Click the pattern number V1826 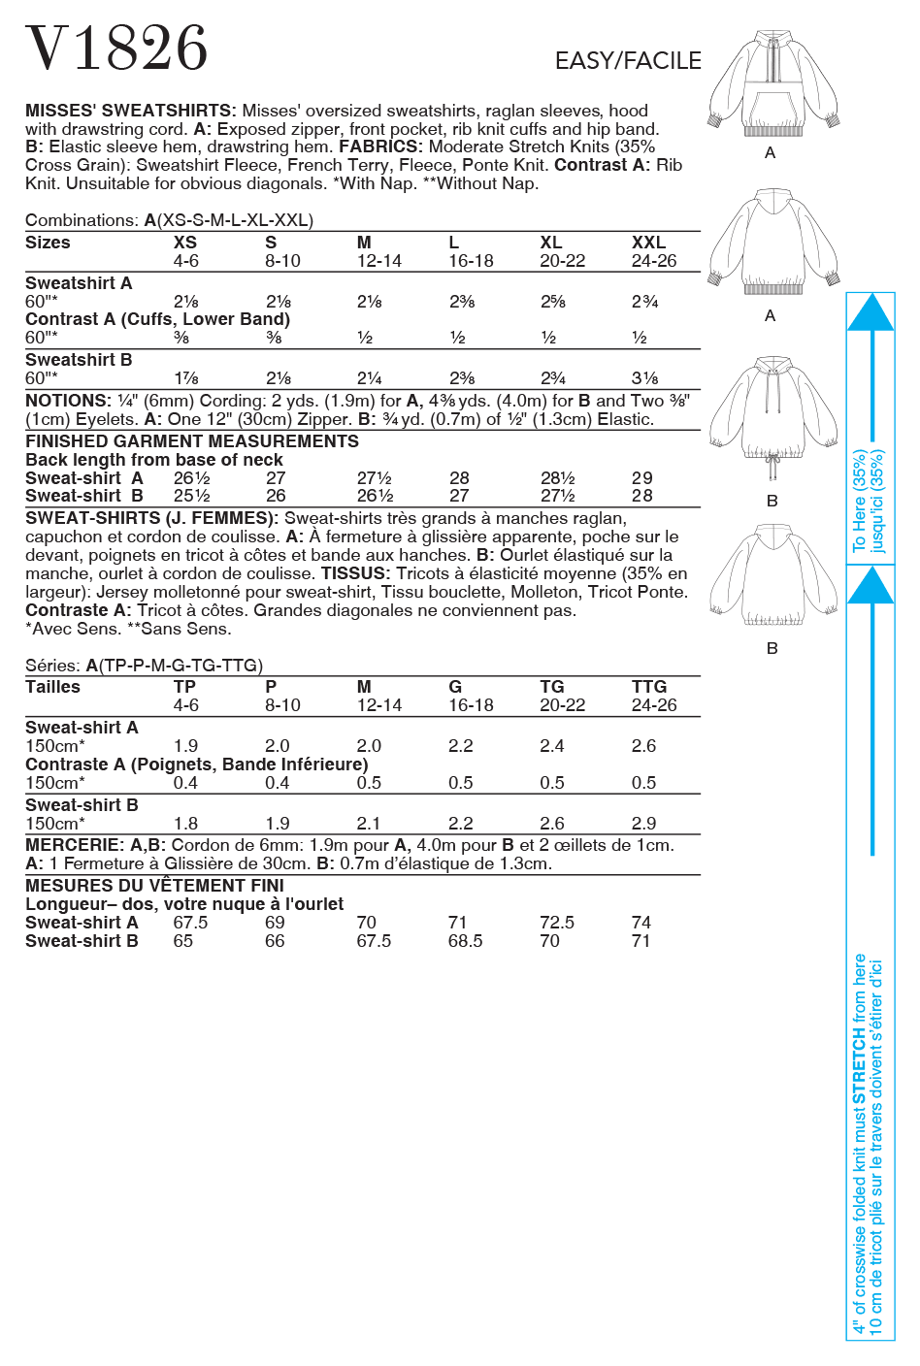[x=116, y=49]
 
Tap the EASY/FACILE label [x=628, y=61]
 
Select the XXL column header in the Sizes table [x=648, y=243]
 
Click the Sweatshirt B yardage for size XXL [x=644, y=378]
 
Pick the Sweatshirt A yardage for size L [x=462, y=302]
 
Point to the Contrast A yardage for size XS [x=181, y=338]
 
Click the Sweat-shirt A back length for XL [x=558, y=478]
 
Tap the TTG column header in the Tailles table [x=649, y=687]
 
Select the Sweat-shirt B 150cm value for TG [x=552, y=824]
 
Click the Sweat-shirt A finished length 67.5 [x=190, y=923]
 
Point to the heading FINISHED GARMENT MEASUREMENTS [x=192, y=441]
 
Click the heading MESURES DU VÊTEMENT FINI [x=154, y=886]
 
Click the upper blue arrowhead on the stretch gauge [x=870, y=312]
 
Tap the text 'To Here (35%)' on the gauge [x=860, y=500]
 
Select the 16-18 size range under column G [x=471, y=705]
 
